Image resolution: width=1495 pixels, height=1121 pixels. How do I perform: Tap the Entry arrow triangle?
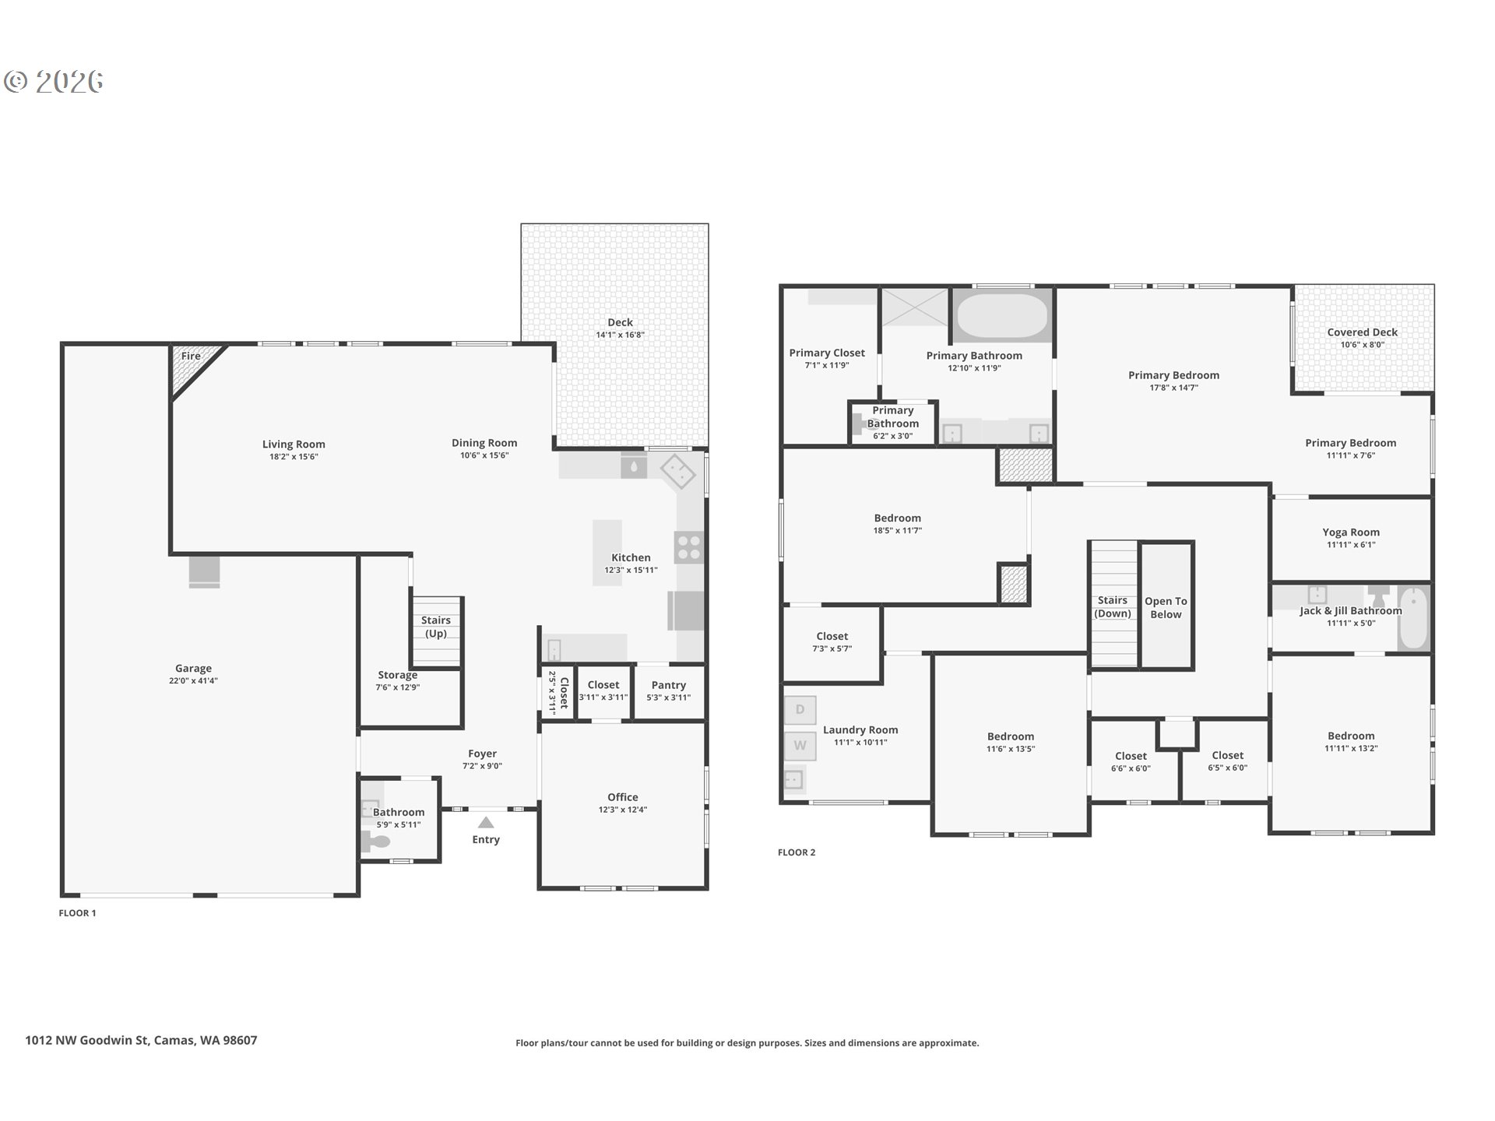[x=486, y=823]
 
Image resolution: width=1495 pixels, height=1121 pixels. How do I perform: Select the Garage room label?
[x=193, y=668]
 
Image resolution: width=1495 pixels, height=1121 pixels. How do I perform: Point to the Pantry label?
[x=668, y=685]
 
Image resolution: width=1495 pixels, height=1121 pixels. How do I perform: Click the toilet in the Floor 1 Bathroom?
[x=377, y=842]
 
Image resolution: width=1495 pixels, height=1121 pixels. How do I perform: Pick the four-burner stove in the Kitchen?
[x=689, y=547]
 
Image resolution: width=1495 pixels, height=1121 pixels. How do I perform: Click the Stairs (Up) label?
[x=436, y=626]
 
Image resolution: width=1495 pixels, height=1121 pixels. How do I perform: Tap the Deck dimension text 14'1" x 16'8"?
[x=620, y=336]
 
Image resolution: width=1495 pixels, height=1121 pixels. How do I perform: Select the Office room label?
[x=622, y=797]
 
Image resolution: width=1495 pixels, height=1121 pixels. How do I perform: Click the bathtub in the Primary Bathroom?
[x=1002, y=315]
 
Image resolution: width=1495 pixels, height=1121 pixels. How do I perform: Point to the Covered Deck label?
[x=1362, y=332]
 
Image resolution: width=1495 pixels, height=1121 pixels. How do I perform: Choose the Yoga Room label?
[x=1350, y=532]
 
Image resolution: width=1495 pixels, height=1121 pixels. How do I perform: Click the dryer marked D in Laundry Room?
[x=800, y=710]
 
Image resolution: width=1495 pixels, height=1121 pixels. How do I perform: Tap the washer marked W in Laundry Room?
[x=800, y=746]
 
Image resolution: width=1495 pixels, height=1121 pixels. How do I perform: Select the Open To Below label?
[x=1166, y=607]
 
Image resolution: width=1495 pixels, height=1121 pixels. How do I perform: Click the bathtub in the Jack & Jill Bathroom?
[x=1414, y=619]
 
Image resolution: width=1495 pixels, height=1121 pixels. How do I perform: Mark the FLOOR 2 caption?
[x=797, y=852]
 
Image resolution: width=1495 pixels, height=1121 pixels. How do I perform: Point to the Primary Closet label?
[x=826, y=353]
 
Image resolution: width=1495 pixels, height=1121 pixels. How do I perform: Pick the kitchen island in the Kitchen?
[x=607, y=553]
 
